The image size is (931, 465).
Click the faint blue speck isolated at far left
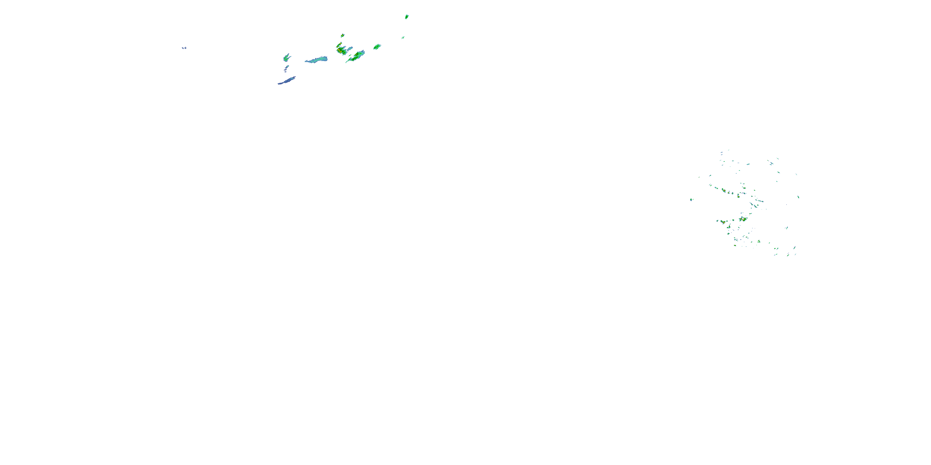[184, 48]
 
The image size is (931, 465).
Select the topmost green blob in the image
[407, 17]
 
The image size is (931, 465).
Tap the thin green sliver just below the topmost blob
[403, 37]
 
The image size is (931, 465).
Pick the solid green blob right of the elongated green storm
[377, 46]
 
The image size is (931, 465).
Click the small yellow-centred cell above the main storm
[342, 35]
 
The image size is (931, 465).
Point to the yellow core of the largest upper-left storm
[340, 50]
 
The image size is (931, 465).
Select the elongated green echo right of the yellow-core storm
[356, 56]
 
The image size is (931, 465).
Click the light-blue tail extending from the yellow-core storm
[349, 48]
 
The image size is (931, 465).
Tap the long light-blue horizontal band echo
[316, 60]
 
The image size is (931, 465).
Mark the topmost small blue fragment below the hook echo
[287, 66]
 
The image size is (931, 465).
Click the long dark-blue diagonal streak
[287, 81]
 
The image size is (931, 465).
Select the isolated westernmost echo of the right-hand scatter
[691, 199]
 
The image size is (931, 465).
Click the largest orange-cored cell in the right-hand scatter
[743, 219]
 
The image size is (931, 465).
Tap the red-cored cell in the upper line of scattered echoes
[724, 190]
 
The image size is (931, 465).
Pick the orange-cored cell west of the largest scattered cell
[723, 222]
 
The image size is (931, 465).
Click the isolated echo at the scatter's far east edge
[798, 197]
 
